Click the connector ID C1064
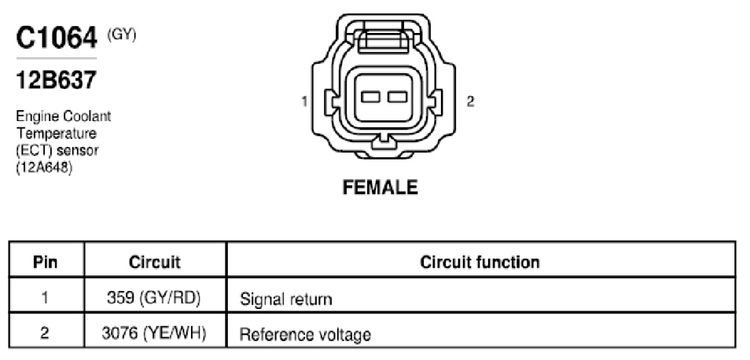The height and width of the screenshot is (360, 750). point(57,39)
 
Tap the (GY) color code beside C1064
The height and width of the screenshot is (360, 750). point(122,35)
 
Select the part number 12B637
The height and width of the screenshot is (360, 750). point(56,80)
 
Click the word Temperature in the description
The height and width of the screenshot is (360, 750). point(56,133)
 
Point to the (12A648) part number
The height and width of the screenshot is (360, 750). point(44,167)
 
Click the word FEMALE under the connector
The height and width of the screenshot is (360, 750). point(381,187)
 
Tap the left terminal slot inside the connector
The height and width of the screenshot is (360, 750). point(370,97)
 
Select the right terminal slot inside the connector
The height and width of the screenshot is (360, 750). point(397,97)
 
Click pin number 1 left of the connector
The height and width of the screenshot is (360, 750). point(304,101)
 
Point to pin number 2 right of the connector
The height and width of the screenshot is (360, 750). point(471,101)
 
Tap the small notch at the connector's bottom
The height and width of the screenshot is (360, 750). point(384,141)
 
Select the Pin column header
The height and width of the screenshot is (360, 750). point(46,262)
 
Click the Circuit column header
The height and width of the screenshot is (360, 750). point(155,262)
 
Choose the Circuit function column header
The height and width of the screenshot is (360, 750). point(480,262)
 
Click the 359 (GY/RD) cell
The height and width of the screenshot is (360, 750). point(154,299)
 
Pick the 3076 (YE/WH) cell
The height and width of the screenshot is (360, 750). point(154,333)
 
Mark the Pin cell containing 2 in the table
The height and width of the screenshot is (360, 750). point(45,333)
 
